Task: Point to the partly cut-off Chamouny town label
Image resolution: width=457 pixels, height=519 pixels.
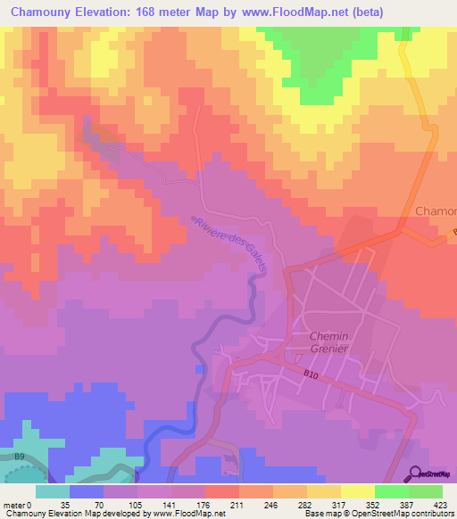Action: pyautogui.click(x=436, y=212)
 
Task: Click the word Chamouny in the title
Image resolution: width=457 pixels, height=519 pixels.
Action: pyautogui.click(x=44, y=13)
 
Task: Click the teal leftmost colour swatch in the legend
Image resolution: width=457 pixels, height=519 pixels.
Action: pyautogui.click(x=52, y=491)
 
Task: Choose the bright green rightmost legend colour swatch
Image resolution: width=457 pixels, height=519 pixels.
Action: pyautogui.click(x=425, y=491)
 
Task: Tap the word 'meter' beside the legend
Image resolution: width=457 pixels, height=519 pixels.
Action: pyautogui.click(x=13, y=506)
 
